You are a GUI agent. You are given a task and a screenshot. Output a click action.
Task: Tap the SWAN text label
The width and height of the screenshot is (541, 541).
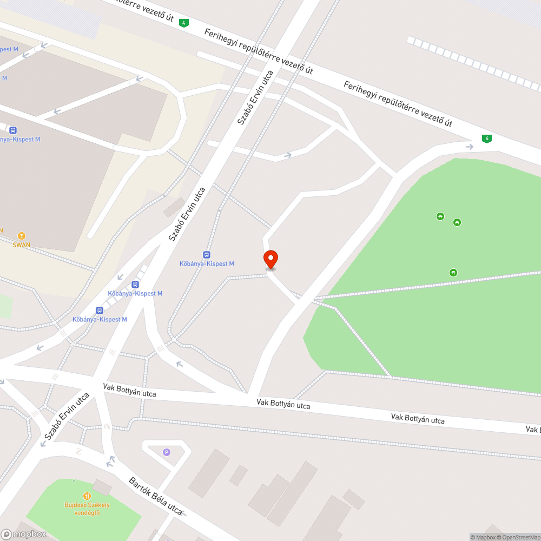click(21, 245)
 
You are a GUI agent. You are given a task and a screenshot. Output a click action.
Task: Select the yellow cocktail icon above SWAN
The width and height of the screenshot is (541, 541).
click(21, 235)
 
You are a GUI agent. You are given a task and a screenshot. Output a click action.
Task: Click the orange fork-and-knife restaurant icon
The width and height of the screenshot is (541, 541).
click(87, 496)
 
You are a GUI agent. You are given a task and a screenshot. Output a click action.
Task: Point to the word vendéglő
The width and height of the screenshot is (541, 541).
click(87, 512)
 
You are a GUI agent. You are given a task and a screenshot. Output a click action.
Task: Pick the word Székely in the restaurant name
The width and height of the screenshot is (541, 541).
click(98, 505)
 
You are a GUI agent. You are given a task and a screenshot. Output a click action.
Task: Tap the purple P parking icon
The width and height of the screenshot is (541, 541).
click(167, 452)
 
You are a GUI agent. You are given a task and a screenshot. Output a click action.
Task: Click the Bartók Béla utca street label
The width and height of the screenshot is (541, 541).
click(155, 496)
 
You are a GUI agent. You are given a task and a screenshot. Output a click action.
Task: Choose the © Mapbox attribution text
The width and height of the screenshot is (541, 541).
click(483, 537)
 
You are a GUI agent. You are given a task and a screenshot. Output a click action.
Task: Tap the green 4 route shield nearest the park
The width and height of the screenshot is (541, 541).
click(487, 138)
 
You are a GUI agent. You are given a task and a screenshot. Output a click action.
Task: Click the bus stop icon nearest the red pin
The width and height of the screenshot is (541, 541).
click(207, 254)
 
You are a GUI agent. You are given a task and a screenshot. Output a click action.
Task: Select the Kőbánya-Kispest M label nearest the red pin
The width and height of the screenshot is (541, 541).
click(207, 263)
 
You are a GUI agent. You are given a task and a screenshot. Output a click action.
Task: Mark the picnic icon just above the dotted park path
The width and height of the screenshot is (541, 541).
click(453, 272)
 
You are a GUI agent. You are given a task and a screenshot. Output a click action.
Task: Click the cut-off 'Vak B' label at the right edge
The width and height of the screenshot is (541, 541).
click(533, 429)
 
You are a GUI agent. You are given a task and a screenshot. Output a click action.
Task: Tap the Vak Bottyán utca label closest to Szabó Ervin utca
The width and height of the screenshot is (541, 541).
click(129, 390)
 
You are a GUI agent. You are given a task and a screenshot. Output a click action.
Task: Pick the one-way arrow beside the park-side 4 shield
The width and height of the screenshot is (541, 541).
click(469, 146)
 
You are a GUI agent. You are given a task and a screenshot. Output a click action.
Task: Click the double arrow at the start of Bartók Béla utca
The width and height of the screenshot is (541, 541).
click(111, 461)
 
